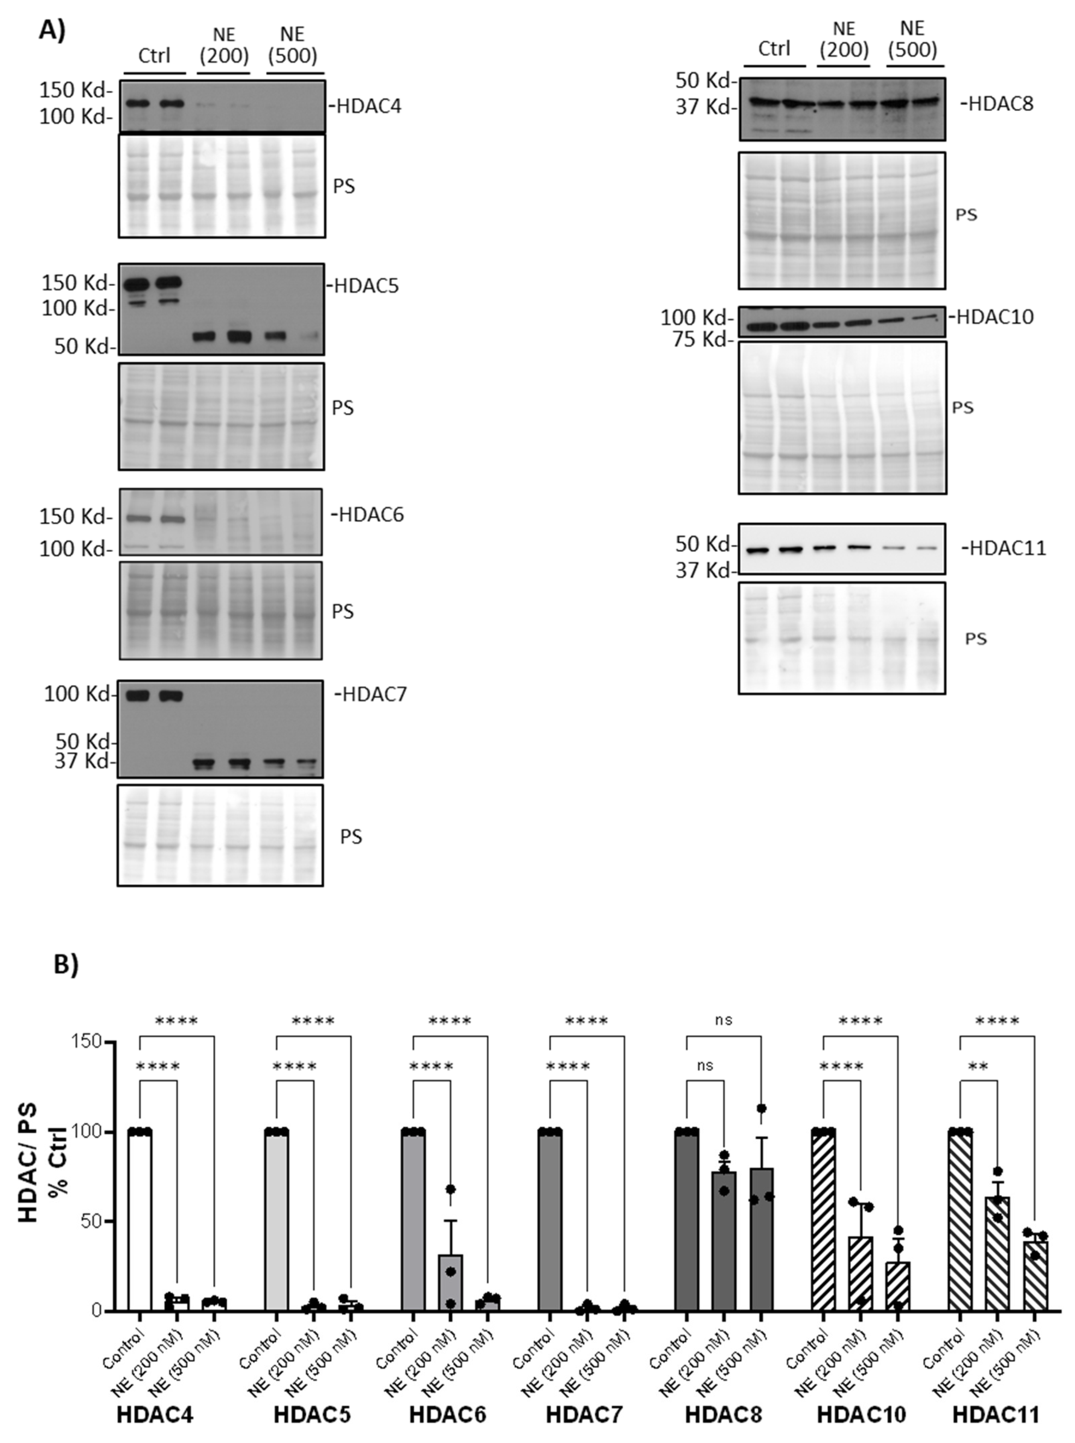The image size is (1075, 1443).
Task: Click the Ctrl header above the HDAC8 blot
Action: [x=774, y=49]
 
